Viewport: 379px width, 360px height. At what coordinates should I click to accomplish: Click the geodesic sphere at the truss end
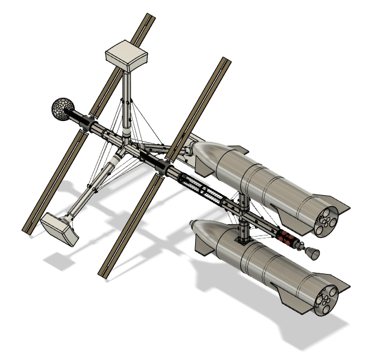pyautogui.click(x=62, y=109)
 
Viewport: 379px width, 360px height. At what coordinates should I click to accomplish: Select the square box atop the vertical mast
pyautogui.click(x=126, y=55)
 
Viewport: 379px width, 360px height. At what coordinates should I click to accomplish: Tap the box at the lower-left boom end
pyautogui.click(x=59, y=228)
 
